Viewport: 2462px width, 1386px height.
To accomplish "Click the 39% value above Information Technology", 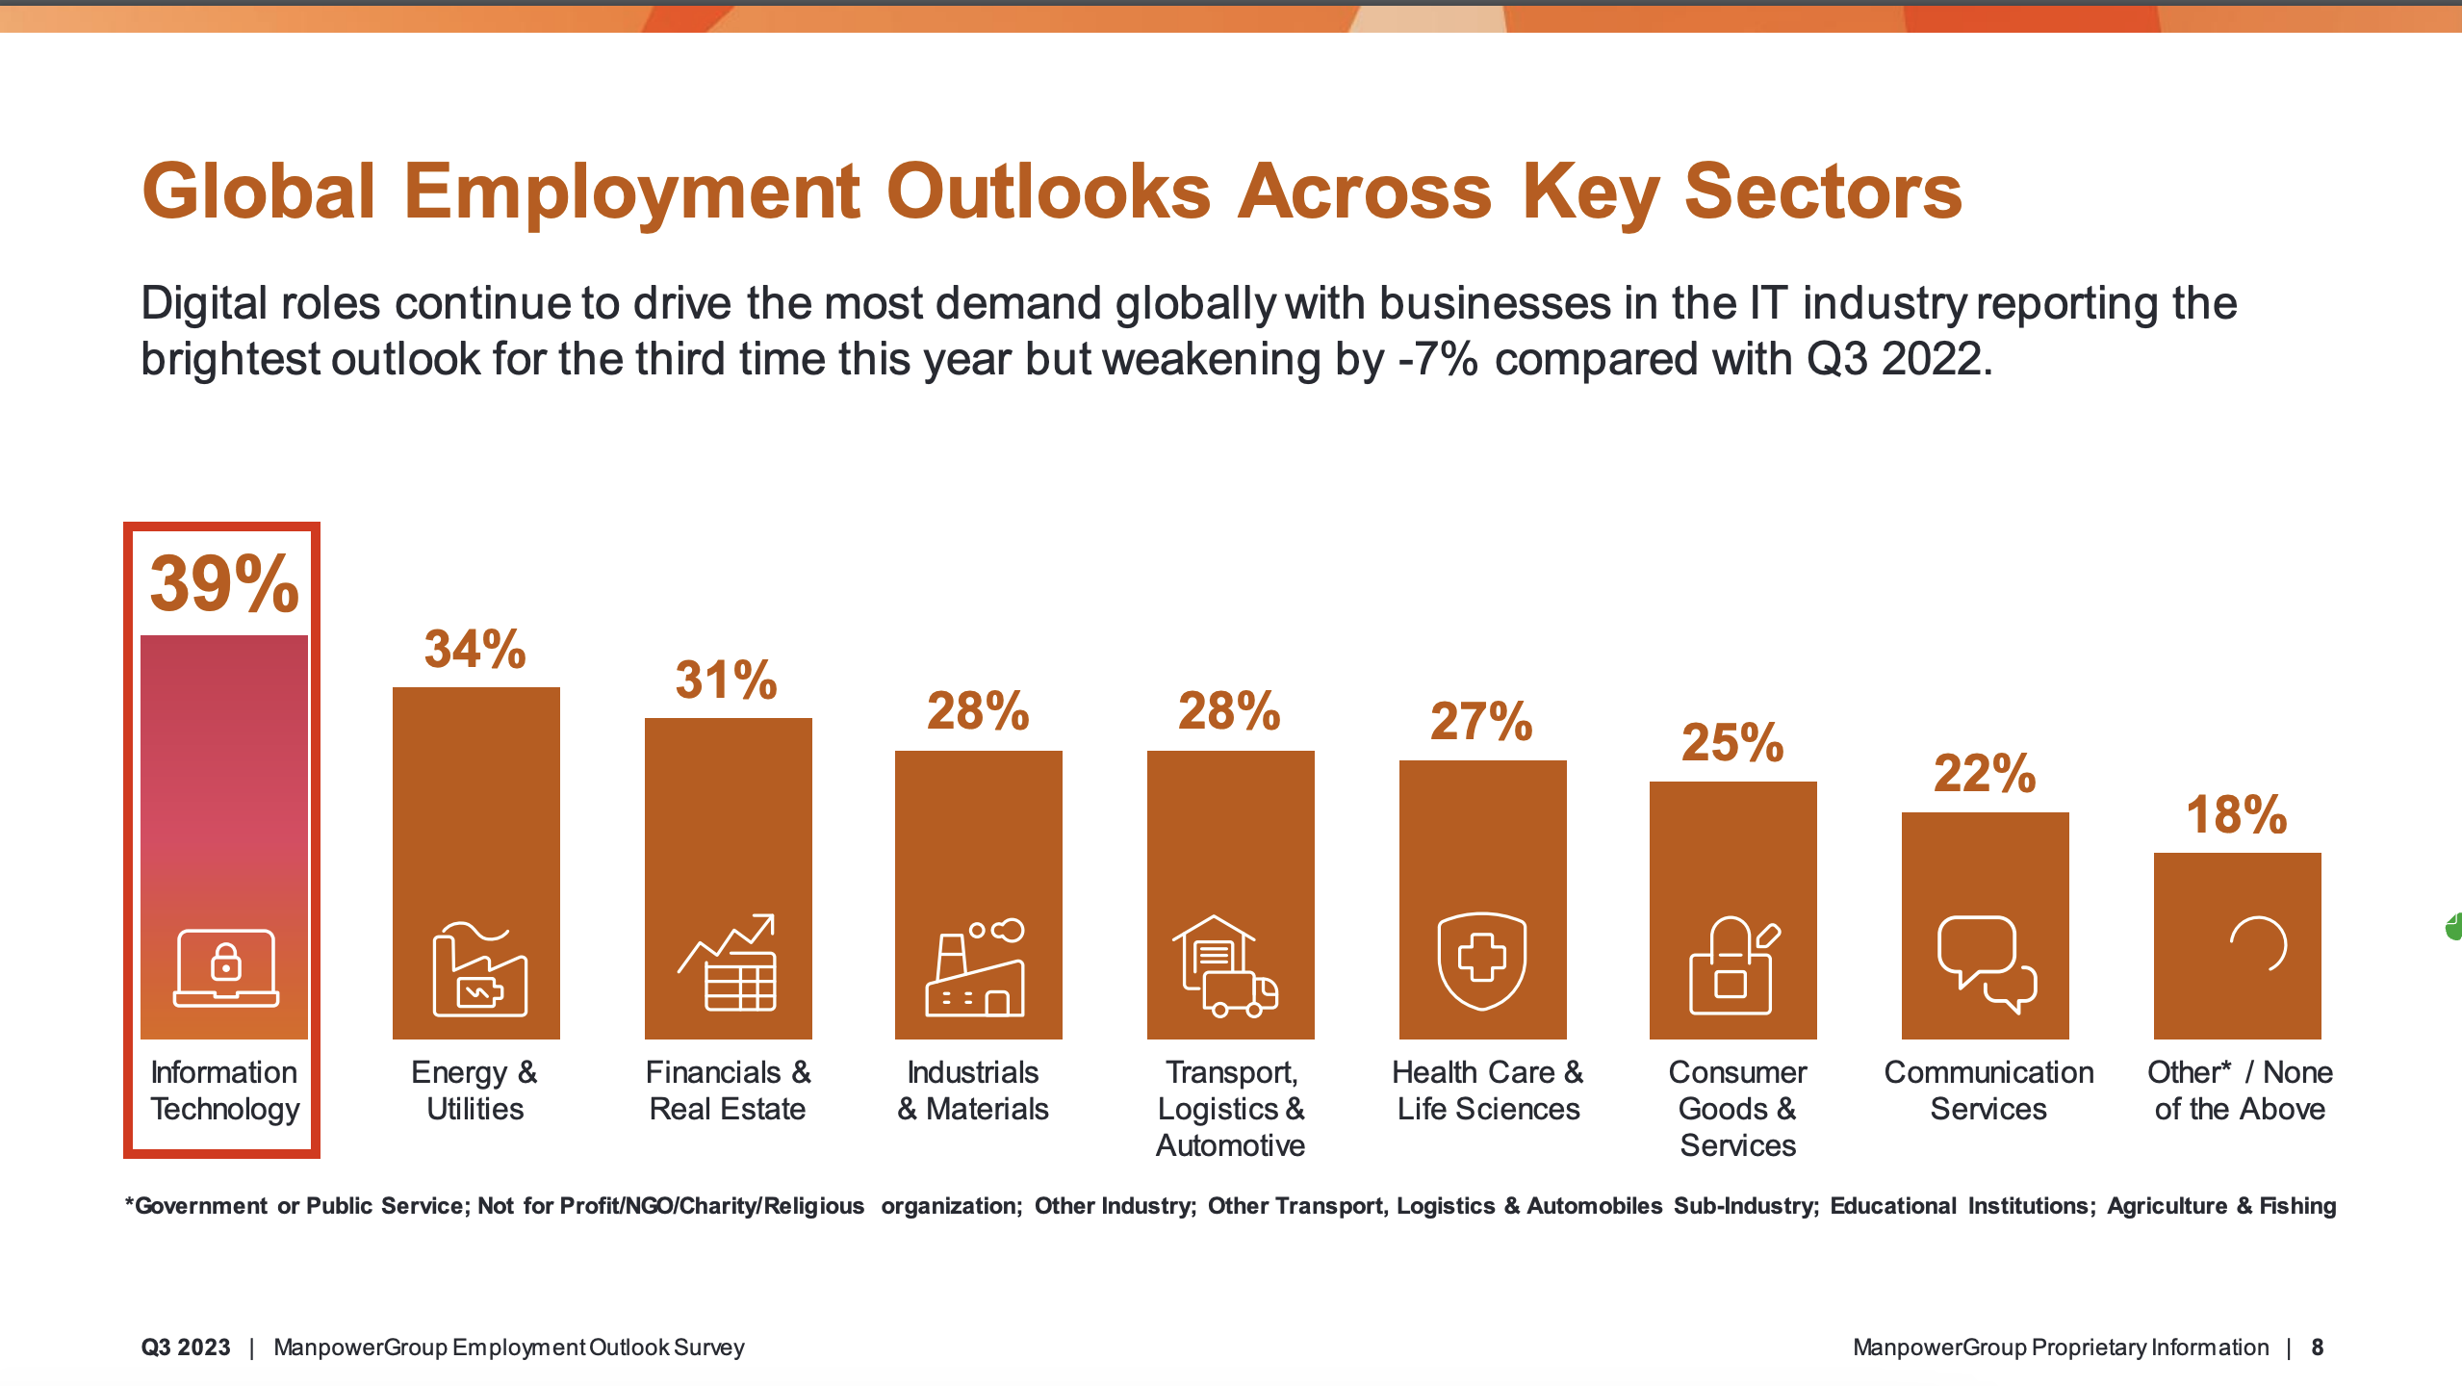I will pos(224,583).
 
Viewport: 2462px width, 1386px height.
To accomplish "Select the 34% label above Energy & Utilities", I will pos(475,649).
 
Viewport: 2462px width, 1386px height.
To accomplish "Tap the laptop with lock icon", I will pos(226,967).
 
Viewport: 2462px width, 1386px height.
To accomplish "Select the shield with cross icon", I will pos(1482,960).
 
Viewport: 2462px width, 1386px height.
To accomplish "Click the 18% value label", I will pos(2236,815).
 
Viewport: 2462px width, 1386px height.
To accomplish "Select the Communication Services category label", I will pos(1988,1091).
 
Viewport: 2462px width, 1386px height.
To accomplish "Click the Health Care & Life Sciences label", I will pos(1488,1091).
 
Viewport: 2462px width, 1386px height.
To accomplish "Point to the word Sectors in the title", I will pos(1823,192).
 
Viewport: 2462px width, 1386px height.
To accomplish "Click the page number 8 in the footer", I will pos(2318,1347).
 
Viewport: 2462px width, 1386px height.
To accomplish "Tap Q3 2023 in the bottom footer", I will pos(186,1347).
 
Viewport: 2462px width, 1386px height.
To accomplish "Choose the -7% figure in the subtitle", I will pos(1438,359).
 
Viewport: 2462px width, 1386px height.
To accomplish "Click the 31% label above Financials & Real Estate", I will pos(726,680).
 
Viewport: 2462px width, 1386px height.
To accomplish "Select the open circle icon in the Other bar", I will pos(2258,944).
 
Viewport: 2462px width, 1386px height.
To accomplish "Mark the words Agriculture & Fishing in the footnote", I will pos(2221,1206).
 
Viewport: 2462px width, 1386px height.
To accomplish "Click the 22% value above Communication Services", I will pos(1985,773).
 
